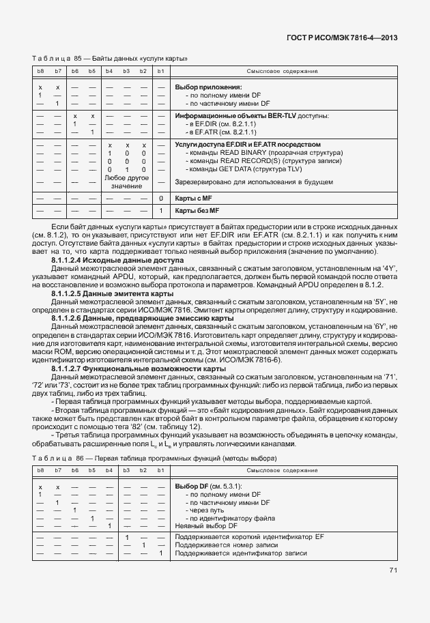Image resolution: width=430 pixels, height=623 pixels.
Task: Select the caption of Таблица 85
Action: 109,59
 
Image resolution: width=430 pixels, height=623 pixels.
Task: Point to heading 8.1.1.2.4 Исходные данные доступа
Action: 117,260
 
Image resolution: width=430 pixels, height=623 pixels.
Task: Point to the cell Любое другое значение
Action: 126,182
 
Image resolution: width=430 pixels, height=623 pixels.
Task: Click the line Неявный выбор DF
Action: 206,525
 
